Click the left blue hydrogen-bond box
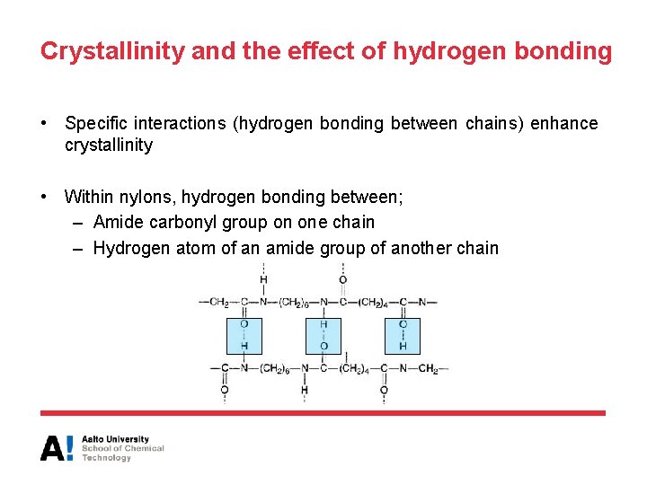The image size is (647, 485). click(x=244, y=335)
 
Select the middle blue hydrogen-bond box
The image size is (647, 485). click(x=323, y=335)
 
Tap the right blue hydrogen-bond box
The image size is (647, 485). click(x=403, y=335)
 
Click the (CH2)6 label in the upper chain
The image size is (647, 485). click(x=295, y=302)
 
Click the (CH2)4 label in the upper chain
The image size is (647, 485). click(x=374, y=302)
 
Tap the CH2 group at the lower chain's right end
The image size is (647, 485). click(x=429, y=368)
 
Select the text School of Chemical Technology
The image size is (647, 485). click(x=123, y=453)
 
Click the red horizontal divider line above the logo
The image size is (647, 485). click(x=323, y=413)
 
